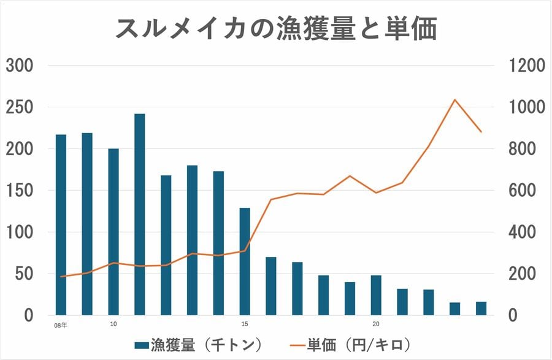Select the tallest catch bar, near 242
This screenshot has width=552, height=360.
pos(140,214)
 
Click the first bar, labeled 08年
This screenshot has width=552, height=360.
pos(61,224)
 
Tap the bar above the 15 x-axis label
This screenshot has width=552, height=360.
pos(245,261)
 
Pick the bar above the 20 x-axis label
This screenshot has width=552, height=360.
pos(376,295)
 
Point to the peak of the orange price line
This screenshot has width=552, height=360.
pos(454,99)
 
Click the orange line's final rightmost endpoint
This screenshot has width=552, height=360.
pos(481,132)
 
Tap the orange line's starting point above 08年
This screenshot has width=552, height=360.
pos(61,277)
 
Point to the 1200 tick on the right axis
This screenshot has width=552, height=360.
pos(526,66)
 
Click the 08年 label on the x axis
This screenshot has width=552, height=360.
pos(61,325)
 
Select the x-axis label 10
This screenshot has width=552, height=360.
pos(113,324)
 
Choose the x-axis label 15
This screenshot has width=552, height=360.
pos(245,324)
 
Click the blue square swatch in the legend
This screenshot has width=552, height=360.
pos(141,345)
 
